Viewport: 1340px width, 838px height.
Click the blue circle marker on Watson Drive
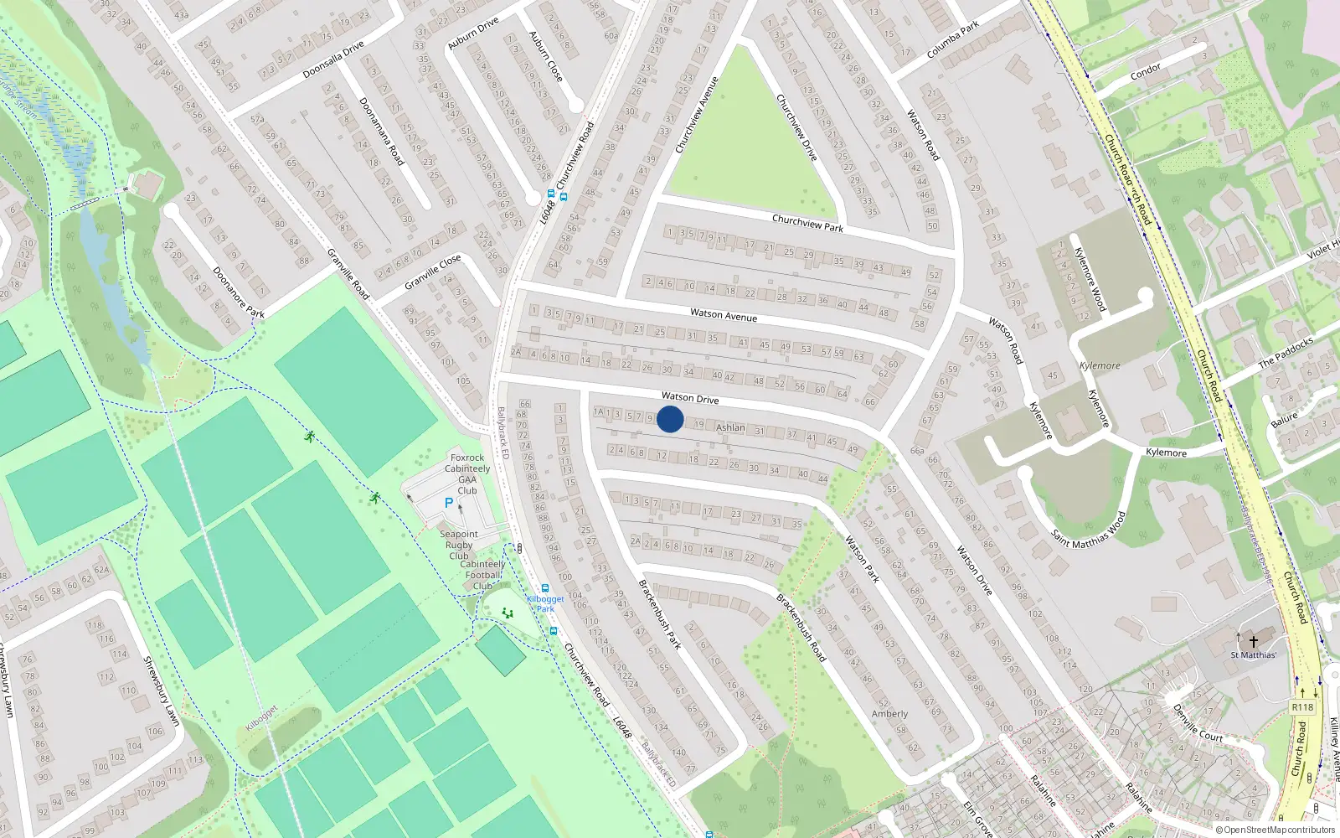(670, 419)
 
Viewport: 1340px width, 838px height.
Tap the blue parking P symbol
(449, 503)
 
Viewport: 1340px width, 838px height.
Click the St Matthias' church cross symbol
(1254, 642)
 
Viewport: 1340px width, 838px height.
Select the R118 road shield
(1302, 707)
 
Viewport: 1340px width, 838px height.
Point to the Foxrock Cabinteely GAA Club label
(467, 474)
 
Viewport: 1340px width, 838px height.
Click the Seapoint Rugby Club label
(459, 545)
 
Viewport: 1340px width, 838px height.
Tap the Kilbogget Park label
(545, 603)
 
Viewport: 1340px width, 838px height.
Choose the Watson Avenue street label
(724, 315)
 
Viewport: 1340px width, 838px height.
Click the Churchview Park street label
(807, 223)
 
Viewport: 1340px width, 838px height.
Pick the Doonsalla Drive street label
(333, 59)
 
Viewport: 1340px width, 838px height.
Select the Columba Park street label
(953, 40)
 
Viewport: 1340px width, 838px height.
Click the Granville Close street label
(432, 272)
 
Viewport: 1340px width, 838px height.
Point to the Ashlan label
(730, 427)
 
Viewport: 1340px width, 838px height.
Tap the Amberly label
(889, 714)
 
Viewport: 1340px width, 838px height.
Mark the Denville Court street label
(1198, 722)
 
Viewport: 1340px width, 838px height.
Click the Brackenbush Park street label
(660, 614)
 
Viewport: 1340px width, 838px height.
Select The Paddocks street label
(1286, 353)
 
